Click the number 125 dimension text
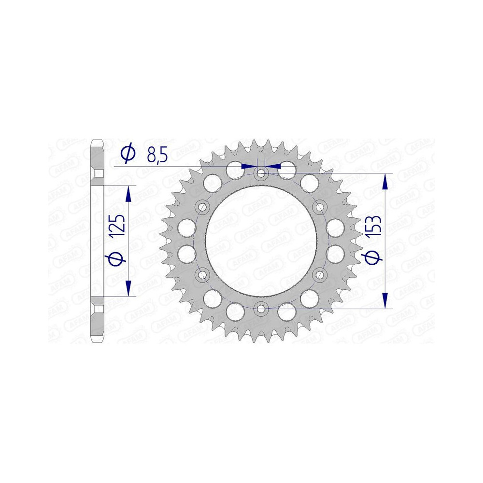(118, 226)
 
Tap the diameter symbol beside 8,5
(127, 154)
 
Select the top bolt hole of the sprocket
(261, 172)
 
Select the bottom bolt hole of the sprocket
(261, 308)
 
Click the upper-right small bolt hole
(320, 207)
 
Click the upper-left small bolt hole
(202, 207)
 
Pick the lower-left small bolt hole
(202, 274)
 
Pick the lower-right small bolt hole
(320, 274)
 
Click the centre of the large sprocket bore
(261, 241)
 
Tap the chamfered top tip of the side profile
(98, 142)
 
